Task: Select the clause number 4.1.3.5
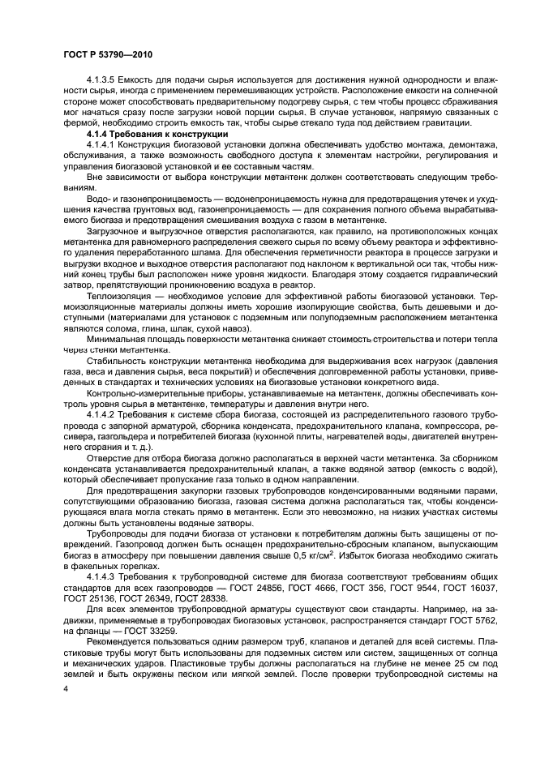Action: pyautogui.click(x=103, y=83)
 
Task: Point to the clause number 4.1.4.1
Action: pyautogui.click(x=103, y=143)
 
